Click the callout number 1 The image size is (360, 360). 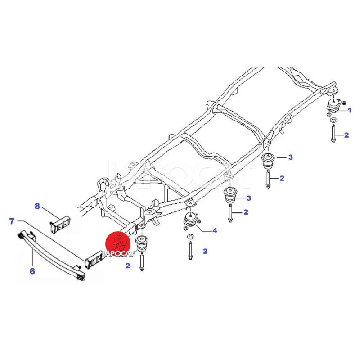click(x=350, y=110)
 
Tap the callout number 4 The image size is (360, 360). click(x=215, y=230)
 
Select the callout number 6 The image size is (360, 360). click(x=32, y=271)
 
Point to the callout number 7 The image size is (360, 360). click(x=12, y=221)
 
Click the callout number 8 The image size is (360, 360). click(x=37, y=206)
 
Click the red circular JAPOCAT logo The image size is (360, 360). click(x=118, y=244)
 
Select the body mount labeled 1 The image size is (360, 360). click(x=333, y=106)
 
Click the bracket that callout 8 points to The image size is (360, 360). click(x=60, y=225)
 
